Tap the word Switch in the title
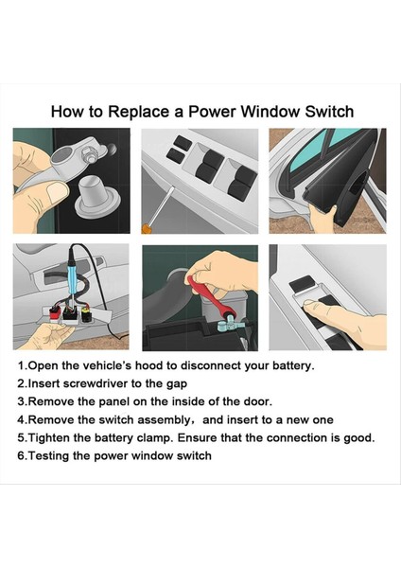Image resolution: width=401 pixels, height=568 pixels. (x=329, y=112)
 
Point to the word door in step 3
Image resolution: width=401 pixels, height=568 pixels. (x=257, y=401)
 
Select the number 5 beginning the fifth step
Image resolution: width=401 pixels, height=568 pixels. (x=21, y=438)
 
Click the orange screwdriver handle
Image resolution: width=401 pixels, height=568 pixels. (x=146, y=229)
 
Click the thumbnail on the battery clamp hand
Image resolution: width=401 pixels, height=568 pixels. (x=58, y=191)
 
